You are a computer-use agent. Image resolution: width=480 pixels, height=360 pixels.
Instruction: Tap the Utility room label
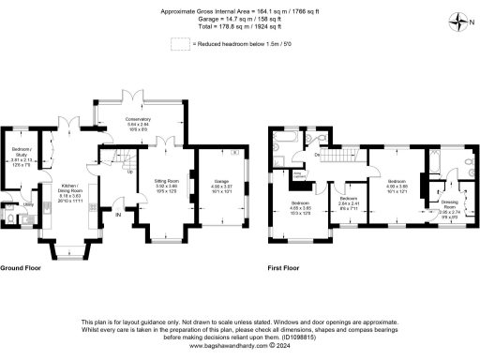[x=27, y=203]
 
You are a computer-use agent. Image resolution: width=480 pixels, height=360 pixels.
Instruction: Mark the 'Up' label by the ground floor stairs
[x=128, y=172]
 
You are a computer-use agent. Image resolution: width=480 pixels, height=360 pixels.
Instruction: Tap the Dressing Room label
[x=450, y=203]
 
